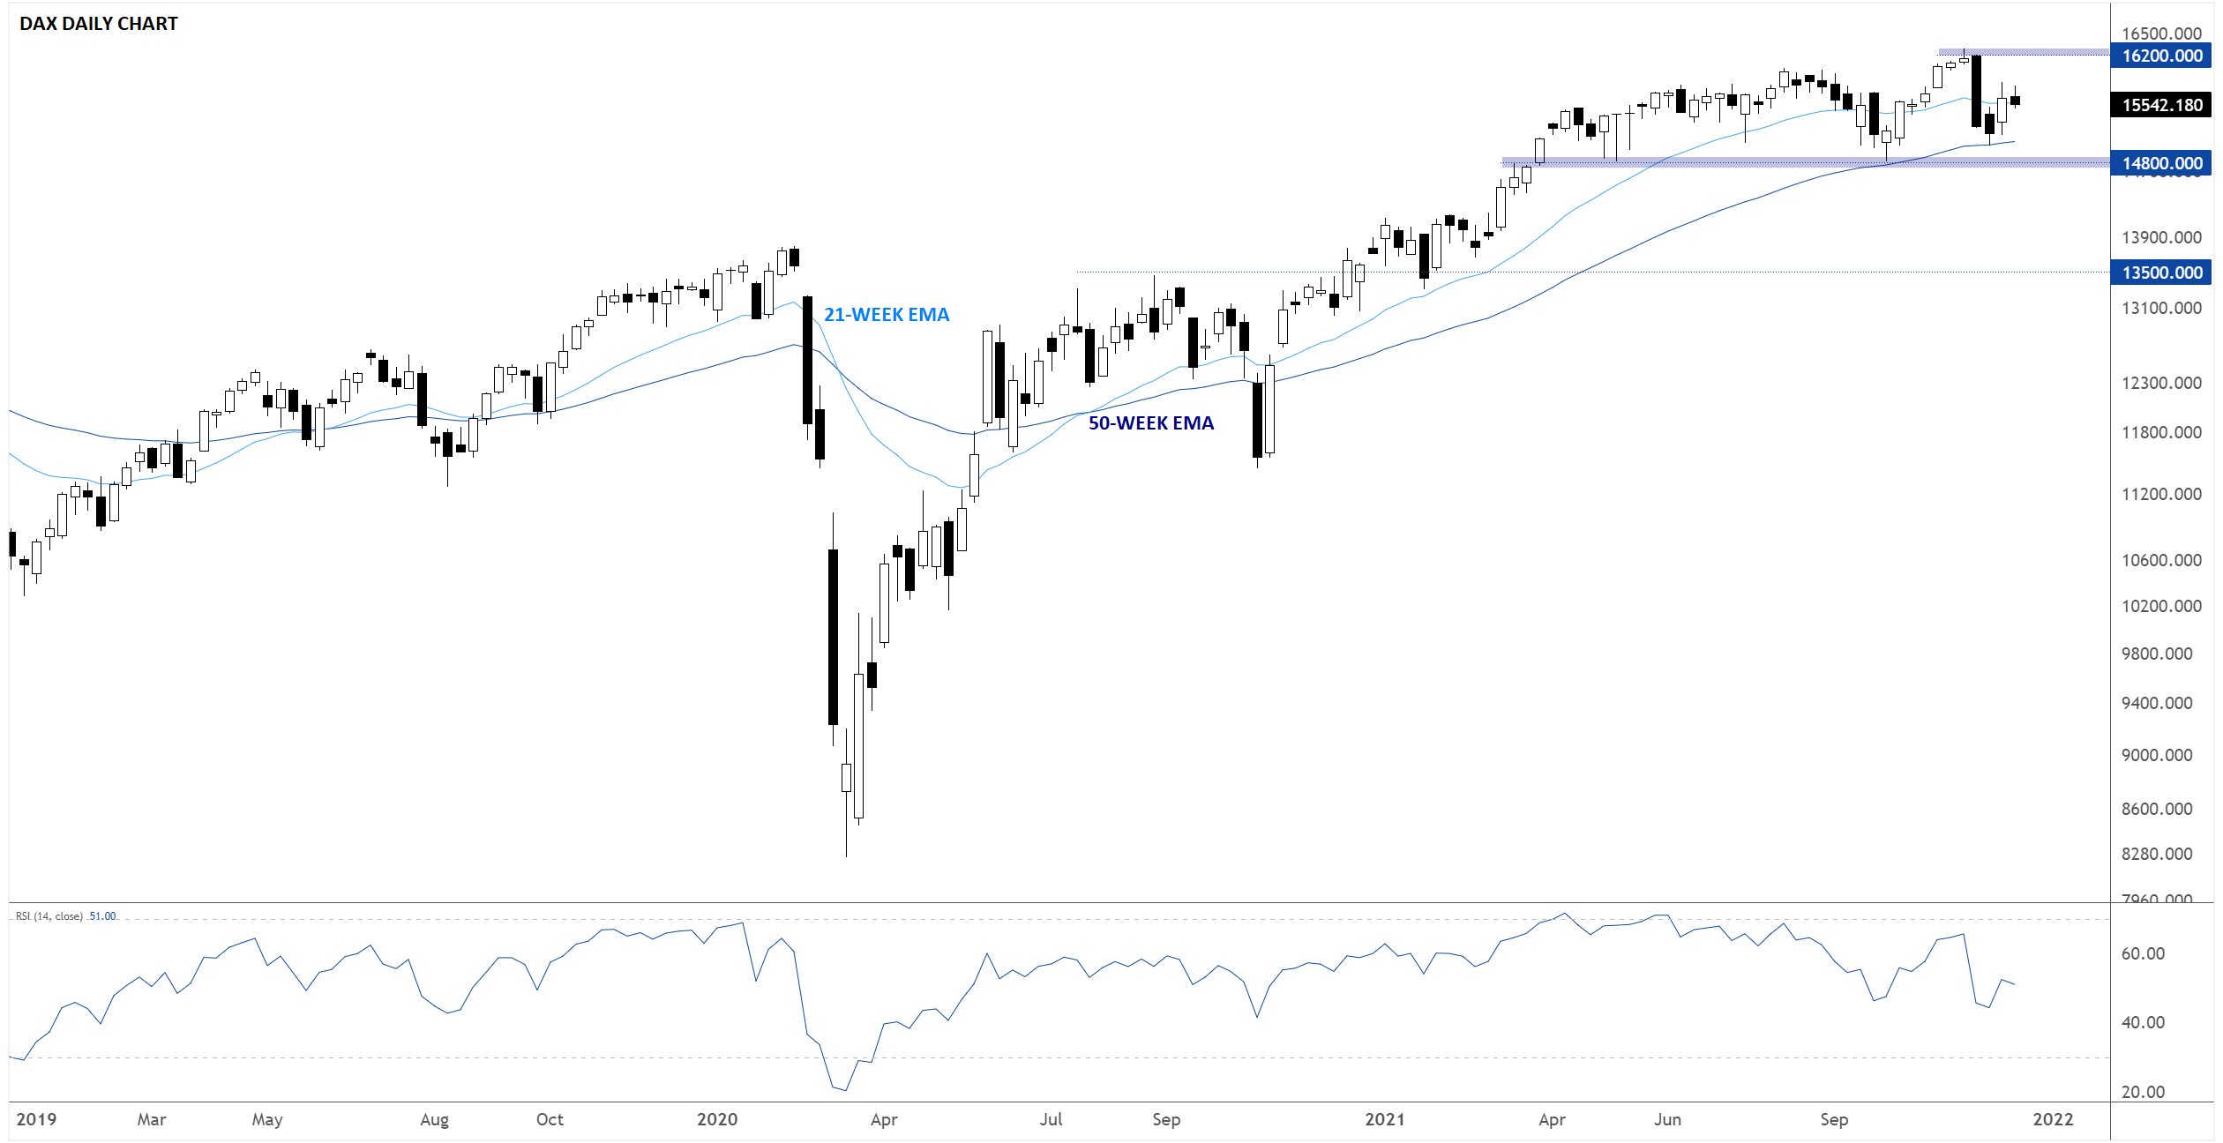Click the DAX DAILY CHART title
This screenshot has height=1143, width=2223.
(99, 24)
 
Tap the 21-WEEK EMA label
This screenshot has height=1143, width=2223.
(886, 315)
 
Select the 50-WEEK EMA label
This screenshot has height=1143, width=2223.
(1150, 423)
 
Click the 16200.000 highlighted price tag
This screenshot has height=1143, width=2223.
(2161, 56)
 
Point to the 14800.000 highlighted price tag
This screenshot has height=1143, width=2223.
(2161, 163)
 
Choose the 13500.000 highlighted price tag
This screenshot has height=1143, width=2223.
(2161, 273)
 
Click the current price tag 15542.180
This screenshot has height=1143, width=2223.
(2161, 105)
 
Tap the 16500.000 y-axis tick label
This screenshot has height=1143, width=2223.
(2161, 34)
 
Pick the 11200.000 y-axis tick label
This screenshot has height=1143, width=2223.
(2161, 494)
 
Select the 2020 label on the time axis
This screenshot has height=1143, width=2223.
(717, 1119)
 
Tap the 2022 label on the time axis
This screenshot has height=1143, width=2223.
(2053, 1119)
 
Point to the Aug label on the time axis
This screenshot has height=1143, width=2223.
(434, 1120)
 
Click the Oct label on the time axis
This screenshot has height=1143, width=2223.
(550, 1119)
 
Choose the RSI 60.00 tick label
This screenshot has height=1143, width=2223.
(2143, 953)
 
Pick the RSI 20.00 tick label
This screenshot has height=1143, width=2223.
(2143, 1092)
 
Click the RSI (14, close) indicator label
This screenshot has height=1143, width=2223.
(49, 916)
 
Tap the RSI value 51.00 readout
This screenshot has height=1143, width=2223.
(103, 916)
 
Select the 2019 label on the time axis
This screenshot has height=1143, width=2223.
(36, 1119)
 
